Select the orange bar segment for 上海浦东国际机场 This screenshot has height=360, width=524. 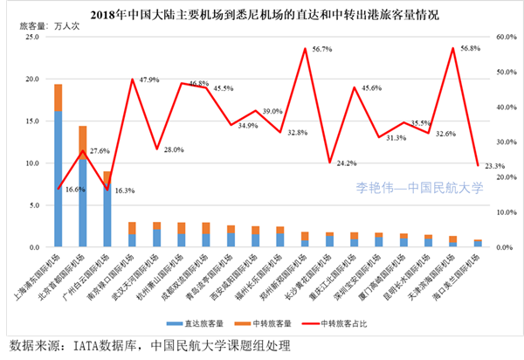point(58,98)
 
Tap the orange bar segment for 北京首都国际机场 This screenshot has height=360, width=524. point(83,137)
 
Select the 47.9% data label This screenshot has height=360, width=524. point(148,80)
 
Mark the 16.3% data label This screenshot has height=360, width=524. point(125,190)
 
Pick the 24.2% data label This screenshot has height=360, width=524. point(347,163)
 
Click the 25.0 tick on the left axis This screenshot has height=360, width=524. point(32,38)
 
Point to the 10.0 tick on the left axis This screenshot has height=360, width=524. point(32,163)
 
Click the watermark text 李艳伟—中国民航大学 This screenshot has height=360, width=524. point(419,186)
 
